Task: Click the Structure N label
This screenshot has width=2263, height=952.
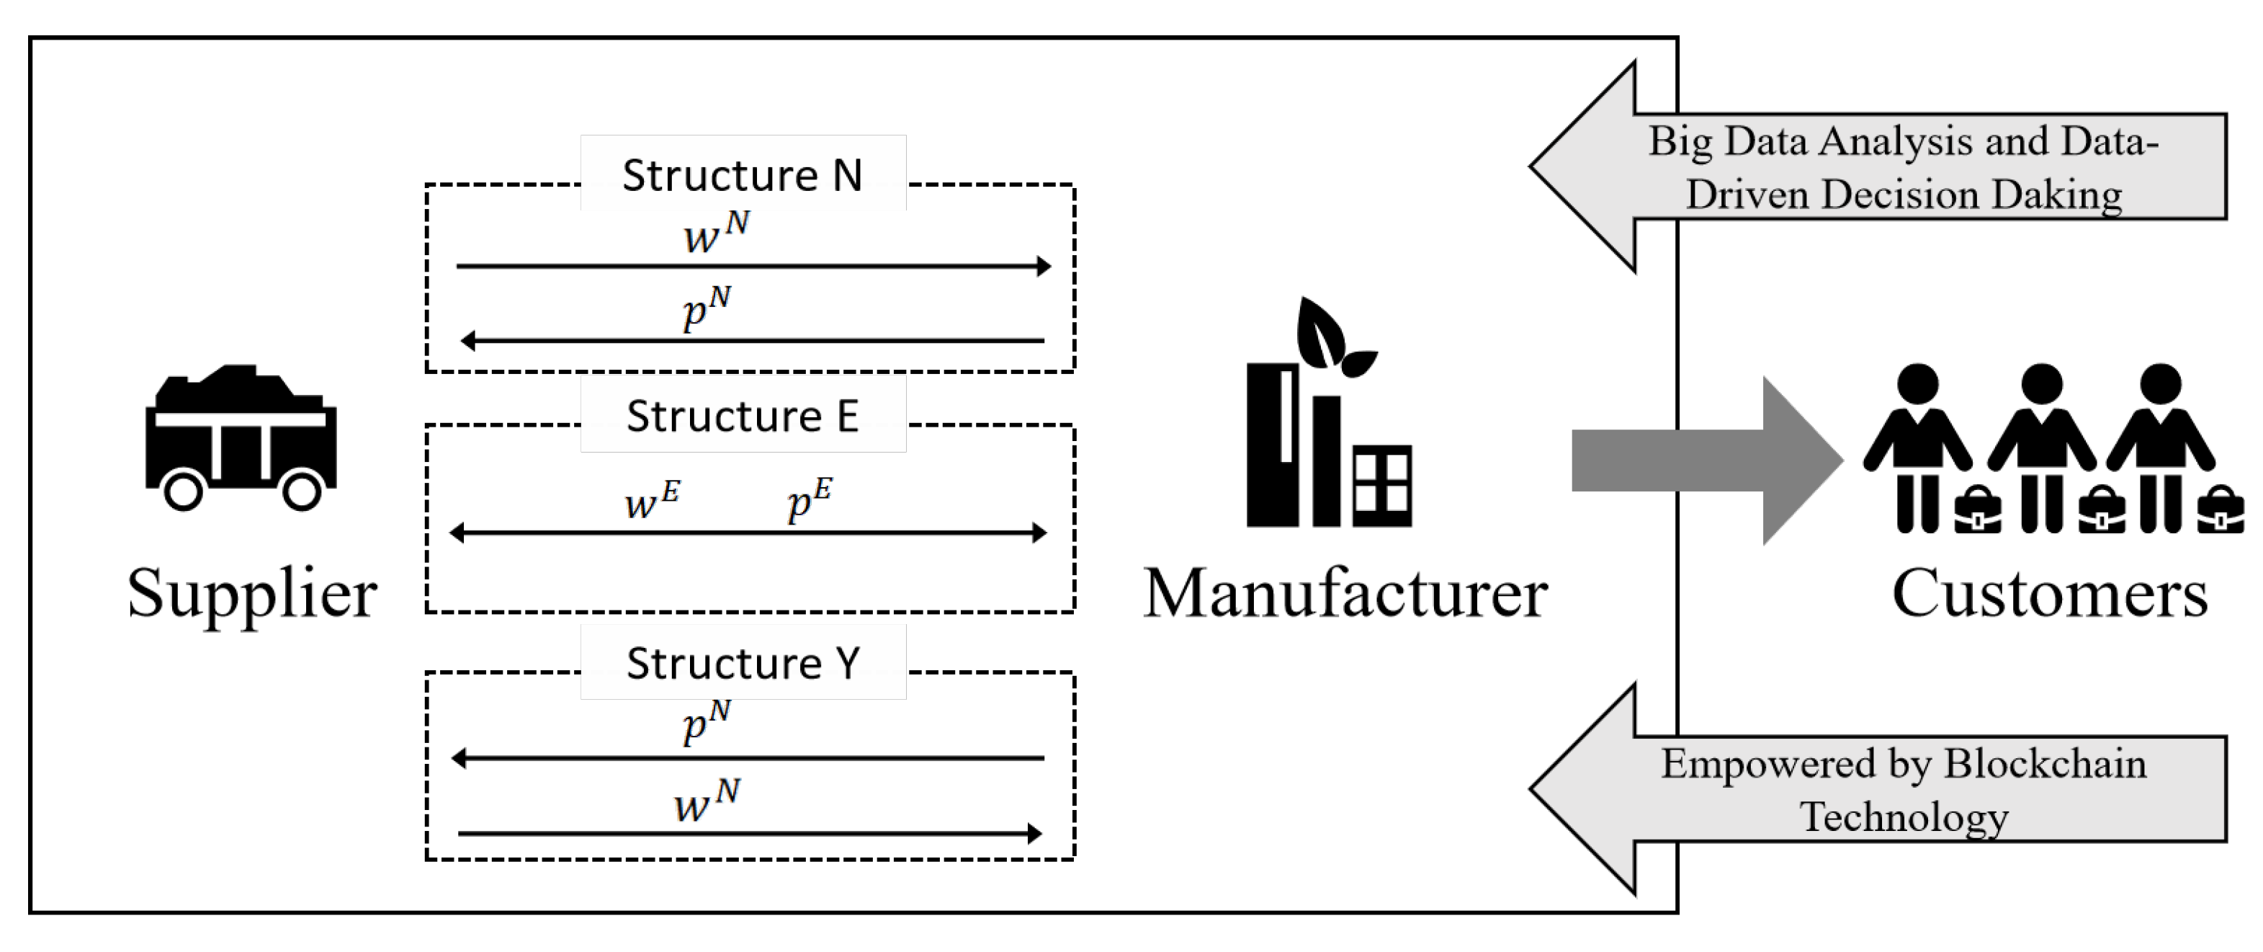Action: coord(743,175)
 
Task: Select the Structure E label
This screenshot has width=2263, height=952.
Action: coord(743,416)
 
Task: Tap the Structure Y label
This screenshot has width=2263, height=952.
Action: coord(743,663)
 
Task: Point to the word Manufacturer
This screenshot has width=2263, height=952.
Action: coord(1345,593)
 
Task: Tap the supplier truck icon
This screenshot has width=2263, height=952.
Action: coord(241,437)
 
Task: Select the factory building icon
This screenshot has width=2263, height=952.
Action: coord(1328,412)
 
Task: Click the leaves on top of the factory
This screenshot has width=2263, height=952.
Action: coord(1334,337)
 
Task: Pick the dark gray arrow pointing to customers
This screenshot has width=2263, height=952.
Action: coord(1706,461)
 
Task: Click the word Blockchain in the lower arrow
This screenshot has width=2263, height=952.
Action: coord(2045,763)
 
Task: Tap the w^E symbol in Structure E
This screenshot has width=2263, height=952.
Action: coord(652,501)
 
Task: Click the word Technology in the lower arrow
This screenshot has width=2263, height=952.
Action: coord(1904,817)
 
